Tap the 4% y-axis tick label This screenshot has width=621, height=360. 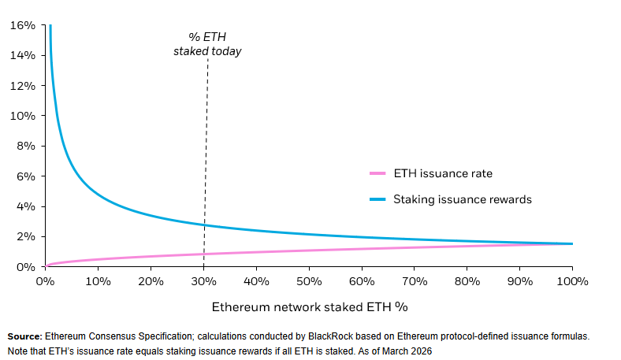26,206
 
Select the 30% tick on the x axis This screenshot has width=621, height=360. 203,281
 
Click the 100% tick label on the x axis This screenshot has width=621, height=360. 572,281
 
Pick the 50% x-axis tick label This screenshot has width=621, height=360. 309,281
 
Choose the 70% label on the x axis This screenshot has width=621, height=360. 415,281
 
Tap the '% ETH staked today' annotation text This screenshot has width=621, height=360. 207,44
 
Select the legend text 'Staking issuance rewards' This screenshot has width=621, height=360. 464,199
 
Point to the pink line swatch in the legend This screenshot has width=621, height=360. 379,173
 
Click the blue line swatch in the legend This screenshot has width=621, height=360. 379,199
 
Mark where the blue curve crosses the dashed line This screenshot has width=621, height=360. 204,225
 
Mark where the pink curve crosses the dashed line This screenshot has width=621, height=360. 204,254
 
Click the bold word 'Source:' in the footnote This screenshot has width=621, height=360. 25,336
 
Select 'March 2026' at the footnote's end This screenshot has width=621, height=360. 406,350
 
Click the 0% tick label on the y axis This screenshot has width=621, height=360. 26,267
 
